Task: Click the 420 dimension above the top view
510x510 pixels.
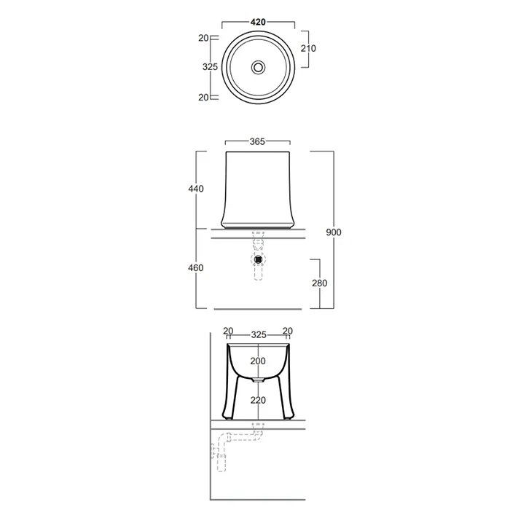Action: pyautogui.click(x=258, y=22)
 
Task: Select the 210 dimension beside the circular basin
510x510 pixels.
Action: pyautogui.click(x=308, y=49)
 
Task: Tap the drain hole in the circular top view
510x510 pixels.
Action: pyautogui.click(x=258, y=67)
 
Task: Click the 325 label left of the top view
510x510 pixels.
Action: pyautogui.click(x=210, y=67)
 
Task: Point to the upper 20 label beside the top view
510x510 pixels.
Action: pyautogui.click(x=203, y=38)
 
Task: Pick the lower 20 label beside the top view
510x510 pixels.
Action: pyautogui.click(x=203, y=97)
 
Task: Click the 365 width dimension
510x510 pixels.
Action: pyautogui.click(x=257, y=141)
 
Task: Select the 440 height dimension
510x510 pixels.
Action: pyautogui.click(x=196, y=189)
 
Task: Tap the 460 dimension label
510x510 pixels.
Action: pyautogui.click(x=196, y=267)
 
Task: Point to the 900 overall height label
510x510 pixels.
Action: pyautogui.click(x=334, y=232)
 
